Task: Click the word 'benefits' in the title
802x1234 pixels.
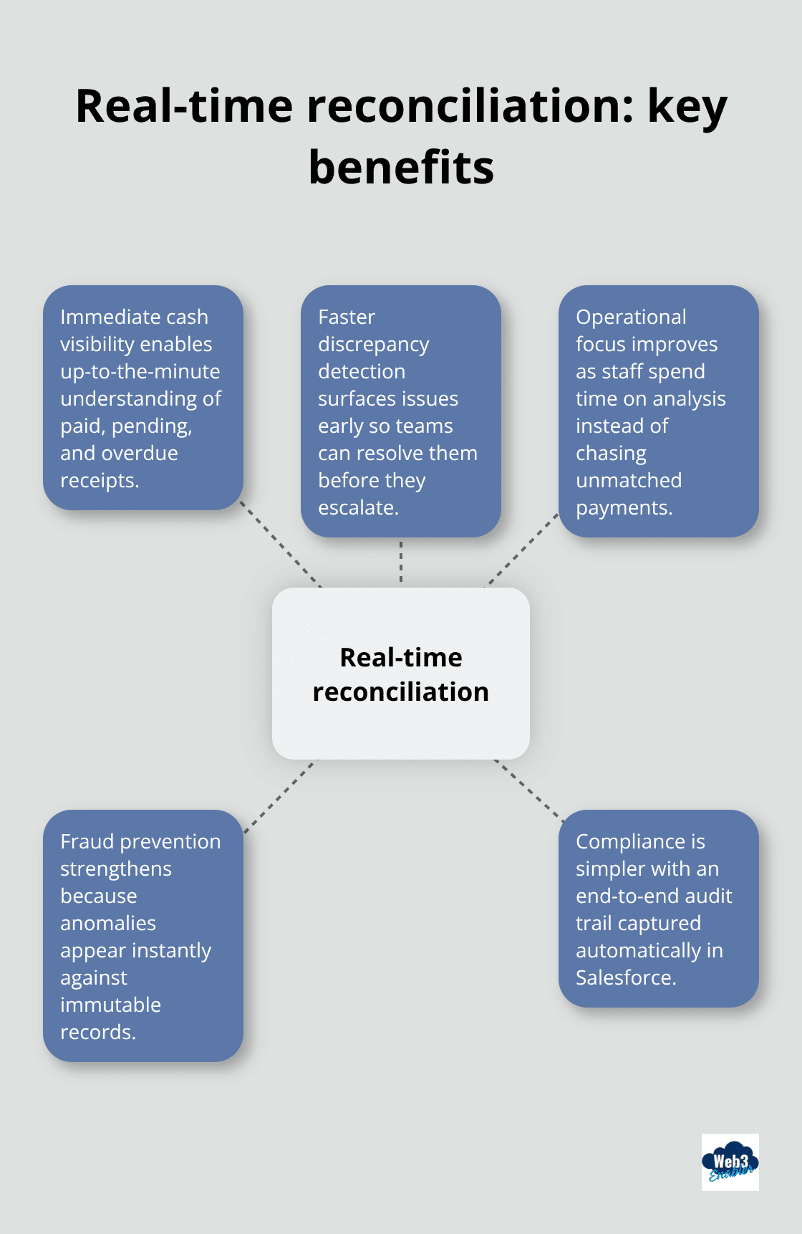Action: tap(401, 168)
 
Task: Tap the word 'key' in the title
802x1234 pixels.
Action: tap(687, 107)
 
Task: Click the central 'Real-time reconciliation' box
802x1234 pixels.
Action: tap(401, 674)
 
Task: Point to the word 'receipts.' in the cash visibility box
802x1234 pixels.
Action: tap(100, 481)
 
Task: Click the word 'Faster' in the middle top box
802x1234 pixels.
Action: tap(347, 317)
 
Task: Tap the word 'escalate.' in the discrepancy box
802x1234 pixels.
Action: tap(358, 508)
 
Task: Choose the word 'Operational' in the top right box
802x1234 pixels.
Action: tap(631, 317)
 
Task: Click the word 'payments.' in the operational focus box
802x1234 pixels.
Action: tap(624, 508)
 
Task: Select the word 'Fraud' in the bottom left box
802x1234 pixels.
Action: tap(87, 842)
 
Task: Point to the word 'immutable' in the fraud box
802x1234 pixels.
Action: tap(110, 1005)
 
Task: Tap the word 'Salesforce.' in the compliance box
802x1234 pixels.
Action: tap(626, 978)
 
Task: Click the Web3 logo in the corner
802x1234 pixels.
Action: tap(730, 1162)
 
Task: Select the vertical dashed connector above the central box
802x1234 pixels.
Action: tap(401, 562)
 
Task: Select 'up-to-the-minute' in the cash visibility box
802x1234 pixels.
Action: tap(140, 372)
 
